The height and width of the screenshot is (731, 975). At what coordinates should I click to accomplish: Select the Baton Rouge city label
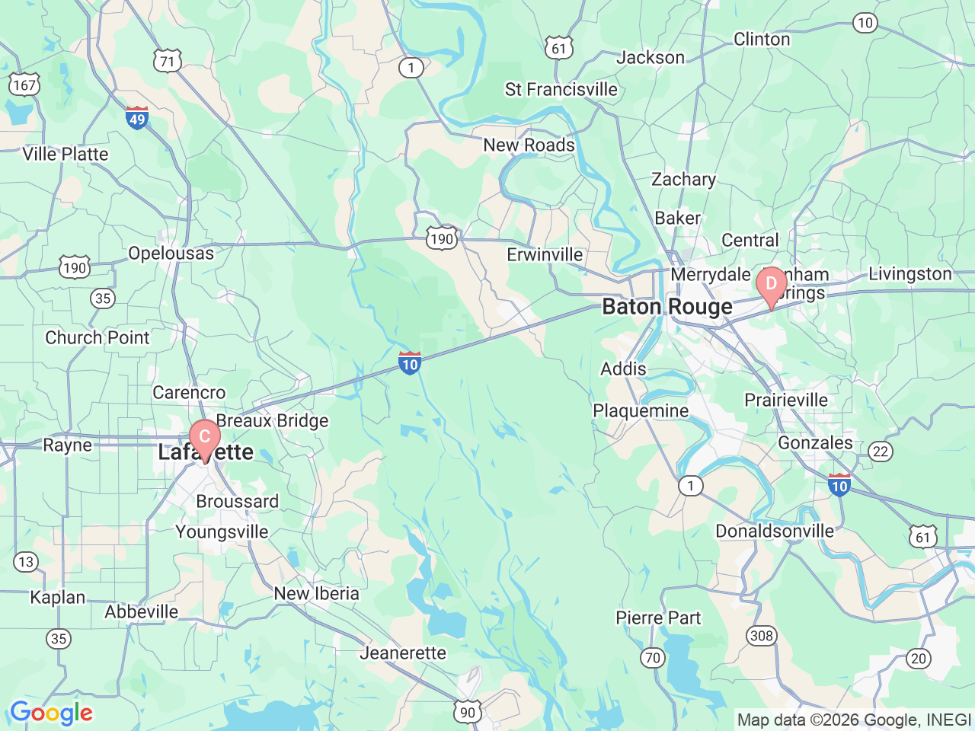tap(667, 307)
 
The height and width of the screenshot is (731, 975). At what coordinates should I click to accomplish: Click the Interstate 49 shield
tap(137, 118)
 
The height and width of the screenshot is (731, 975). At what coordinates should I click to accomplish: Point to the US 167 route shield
tap(24, 85)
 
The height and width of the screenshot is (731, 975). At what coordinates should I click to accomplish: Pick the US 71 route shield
tap(168, 62)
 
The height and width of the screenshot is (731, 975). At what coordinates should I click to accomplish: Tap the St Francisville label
tap(561, 90)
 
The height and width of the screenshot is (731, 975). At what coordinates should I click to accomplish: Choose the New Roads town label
tap(529, 145)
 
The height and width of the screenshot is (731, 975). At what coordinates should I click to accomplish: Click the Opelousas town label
tap(171, 253)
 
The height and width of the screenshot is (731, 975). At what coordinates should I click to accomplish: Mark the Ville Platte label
tap(66, 154)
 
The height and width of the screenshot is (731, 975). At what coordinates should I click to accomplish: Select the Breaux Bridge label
tap(272, 420)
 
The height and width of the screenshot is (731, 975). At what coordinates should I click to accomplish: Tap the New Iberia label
tap(316, 593)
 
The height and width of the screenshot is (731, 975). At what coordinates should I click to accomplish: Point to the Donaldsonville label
tap(774, 531)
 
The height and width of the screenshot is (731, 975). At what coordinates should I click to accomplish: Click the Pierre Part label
tap(658, 618)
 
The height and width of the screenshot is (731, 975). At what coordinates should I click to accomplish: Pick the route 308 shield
tap(761, 636)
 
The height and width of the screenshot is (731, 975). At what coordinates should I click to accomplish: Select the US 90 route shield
tap(468, 713)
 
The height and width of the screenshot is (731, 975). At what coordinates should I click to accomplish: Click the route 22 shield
tap(881, 452)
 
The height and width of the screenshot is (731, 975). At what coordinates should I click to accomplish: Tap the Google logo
tap(51, 713)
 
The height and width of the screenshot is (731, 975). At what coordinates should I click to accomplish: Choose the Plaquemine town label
tap(641, 411)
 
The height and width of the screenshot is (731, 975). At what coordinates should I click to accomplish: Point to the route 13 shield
tap(26, 562)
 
